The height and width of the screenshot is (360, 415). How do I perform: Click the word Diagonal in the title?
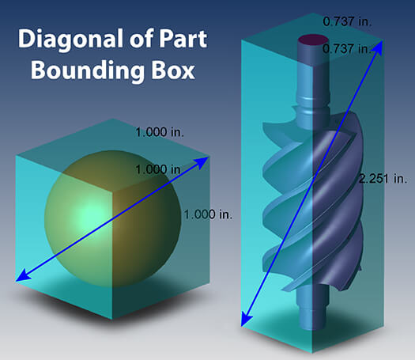[71, 40]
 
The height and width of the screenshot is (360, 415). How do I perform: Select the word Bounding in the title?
[88, 70]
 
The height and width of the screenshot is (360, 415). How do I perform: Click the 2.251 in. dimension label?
[383, 179]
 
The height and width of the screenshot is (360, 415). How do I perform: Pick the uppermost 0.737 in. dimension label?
[347, 21]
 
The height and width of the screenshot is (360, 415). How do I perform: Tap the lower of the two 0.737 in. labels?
[346, 49]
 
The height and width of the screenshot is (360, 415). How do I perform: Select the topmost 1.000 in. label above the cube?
[160, 132]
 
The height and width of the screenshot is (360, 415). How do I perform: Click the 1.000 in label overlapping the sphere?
[158, 169]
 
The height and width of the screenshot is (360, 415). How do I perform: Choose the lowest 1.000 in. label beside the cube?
[208, 214]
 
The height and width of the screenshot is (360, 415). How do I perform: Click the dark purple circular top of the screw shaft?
[313, 41]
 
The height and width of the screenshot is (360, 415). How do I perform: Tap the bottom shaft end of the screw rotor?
[313, 316]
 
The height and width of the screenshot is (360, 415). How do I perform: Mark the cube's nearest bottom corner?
[112, 319]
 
